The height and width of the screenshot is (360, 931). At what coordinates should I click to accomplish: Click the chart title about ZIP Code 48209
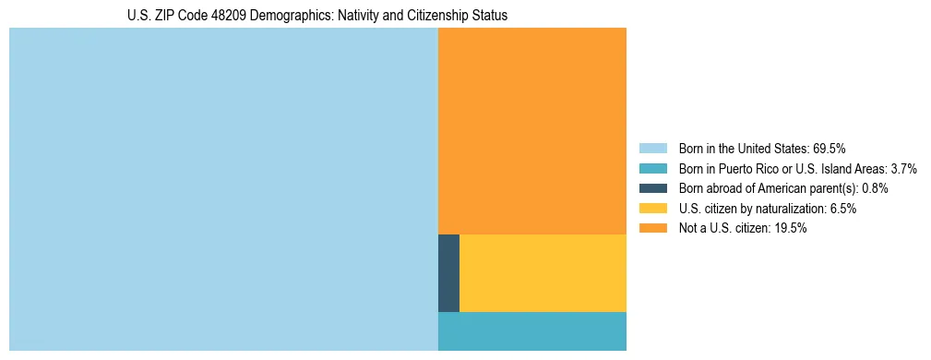point(317,16)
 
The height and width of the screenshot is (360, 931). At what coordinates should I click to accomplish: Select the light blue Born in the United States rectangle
point(223,189)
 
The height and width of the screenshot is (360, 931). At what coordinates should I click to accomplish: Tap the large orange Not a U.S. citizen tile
point(532,131)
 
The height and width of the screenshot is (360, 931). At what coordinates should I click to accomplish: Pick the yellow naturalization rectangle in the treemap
point(543,273)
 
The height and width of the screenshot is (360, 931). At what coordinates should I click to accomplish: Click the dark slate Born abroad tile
point(448,273)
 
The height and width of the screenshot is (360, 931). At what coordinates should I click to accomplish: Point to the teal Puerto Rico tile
point(532,331)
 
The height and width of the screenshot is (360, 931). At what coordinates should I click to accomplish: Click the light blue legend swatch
point(653,148)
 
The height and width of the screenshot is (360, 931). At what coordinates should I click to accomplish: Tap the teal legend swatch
point(653,168)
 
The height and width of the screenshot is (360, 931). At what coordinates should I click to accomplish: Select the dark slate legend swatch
point(653,188)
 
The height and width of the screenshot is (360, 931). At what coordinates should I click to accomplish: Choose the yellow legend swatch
point(653,209)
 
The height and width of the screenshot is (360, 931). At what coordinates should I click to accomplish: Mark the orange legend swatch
point(653,229)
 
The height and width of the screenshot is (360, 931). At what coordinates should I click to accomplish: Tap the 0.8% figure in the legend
point(873,188)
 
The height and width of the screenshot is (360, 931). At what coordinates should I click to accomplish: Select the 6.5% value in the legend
point(841,209)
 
